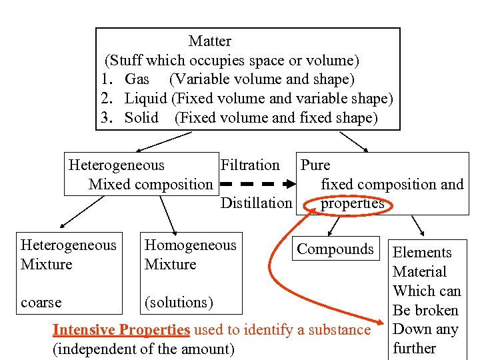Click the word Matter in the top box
[209, 41]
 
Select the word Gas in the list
[137, 79]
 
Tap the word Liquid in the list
[146, 99]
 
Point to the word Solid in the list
[141, 118]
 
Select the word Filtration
[250, 165]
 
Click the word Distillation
[256, 203]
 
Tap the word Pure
[315, 165]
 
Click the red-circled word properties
[352, 203]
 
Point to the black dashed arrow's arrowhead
[291, 184]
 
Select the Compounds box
[335, 249]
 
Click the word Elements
[422, 252]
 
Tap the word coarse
[41, 302]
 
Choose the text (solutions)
[179, 302]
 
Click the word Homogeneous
[191, 245]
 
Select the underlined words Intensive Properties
[121, 329]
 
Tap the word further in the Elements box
[414, 348]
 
